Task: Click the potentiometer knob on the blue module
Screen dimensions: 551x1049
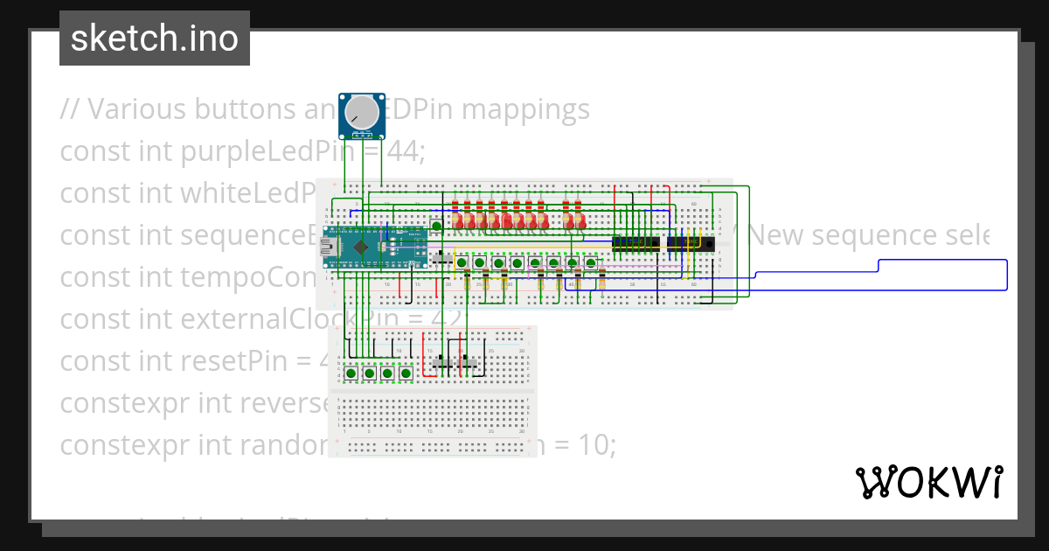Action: click(363, 112)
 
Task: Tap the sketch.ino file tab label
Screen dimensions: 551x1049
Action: click(155, 38)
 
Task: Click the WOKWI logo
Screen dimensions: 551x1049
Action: click(928, 482)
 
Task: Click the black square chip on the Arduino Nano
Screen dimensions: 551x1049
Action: click(359, 247)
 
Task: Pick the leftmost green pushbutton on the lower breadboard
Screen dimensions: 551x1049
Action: click(351, 373)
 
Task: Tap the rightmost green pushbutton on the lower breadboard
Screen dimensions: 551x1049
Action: click(406, 373)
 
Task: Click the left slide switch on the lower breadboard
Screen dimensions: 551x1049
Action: click(443, 362)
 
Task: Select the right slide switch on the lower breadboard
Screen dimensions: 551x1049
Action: click(470, 362)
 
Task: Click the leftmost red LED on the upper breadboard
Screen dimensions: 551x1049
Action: click(455, 223)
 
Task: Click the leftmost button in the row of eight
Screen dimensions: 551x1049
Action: click(461, 262)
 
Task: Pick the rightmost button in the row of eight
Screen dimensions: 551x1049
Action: click(591, 262)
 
